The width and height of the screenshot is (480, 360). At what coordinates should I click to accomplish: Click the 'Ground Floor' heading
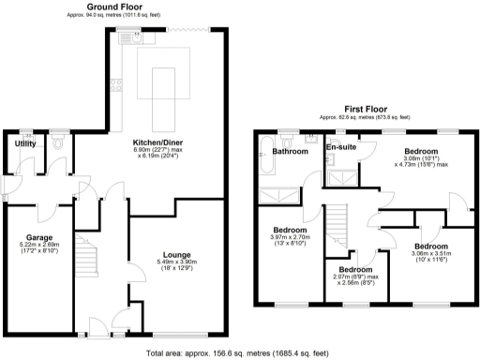109,7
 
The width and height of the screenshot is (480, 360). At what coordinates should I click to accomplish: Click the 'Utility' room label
24,143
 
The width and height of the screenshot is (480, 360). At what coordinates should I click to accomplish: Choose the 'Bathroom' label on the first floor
291,151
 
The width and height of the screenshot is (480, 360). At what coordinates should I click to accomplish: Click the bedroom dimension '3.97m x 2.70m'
290,237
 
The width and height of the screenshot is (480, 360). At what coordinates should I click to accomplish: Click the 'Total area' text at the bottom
238,353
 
